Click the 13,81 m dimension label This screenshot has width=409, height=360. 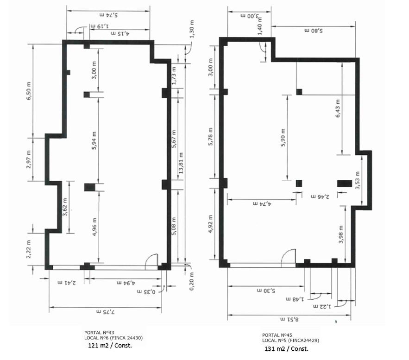click(181, 163)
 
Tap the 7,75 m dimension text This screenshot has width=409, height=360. click(106, 312)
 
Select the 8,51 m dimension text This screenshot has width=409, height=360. click(289, 319)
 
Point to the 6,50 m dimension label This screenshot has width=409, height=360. click(29, 91)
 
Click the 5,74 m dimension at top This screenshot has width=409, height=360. click(108, 15)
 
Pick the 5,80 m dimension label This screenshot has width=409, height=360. click(314, 31)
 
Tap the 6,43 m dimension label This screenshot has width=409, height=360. click(338, 108)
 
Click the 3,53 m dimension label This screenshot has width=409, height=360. click(357, 181)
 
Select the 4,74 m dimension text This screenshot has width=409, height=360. click(262, 203)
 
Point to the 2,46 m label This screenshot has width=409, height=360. click(320, 196)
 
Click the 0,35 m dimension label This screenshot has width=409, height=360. click(146, 291)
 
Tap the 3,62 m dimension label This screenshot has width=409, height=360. click(65, 207)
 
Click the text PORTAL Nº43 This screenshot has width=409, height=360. click(99, 333)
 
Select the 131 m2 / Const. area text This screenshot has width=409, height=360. click(286, 348)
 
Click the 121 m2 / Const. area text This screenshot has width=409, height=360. click(110, 345)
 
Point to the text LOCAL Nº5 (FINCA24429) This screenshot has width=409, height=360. click(290, 340)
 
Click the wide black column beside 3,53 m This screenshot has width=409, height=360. click(344, 183)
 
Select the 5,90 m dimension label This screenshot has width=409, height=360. click(283, 138)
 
